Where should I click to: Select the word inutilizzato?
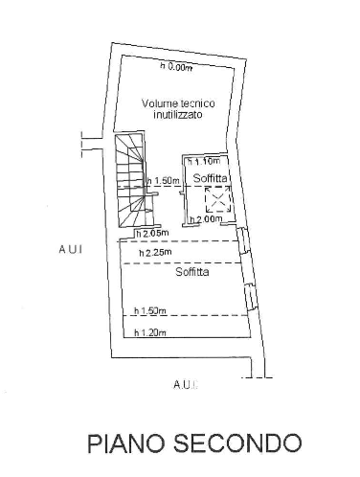178,115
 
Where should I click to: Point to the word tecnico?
196,103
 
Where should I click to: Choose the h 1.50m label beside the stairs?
164,181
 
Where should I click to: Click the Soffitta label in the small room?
209,179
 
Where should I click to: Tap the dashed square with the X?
218,200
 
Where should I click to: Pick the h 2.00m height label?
206,219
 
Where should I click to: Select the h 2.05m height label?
151,233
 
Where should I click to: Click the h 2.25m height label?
153,253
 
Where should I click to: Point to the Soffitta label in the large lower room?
191,272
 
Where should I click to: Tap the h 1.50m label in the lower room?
150,310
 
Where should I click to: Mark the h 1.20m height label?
150,332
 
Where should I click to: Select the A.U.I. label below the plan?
185,384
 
